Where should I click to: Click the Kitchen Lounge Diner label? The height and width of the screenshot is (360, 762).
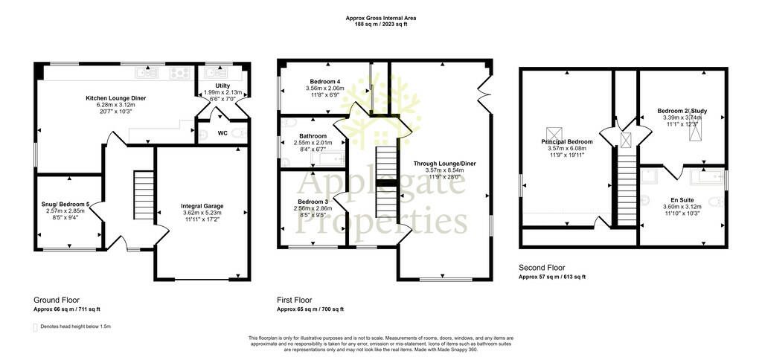tap(115, 98)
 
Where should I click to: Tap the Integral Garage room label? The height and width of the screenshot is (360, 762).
tap(202, 206)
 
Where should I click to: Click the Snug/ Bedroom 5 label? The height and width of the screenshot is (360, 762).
tap(65, 204)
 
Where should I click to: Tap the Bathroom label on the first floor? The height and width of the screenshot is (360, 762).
tap(313, 136)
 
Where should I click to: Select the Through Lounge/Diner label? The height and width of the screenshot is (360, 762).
tap(445, 164)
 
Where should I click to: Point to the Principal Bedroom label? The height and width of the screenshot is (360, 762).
tap(565, 142)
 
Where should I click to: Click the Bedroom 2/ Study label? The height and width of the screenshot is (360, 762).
tap(682, 110)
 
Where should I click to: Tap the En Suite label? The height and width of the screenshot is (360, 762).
tap(682, 199)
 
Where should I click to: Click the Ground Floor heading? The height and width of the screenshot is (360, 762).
tap(57, 300)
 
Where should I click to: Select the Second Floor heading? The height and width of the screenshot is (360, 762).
tap(542, 268)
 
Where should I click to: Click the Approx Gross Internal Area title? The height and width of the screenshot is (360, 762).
tap(380, 18)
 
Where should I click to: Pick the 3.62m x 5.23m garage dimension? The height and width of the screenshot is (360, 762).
tap(202, 212)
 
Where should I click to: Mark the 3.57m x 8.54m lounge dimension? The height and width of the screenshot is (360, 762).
tap(445, 170)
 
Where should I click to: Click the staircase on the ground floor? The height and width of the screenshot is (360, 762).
tap(144, 195)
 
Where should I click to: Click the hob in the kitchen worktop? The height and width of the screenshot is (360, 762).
tap(179, 73)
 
